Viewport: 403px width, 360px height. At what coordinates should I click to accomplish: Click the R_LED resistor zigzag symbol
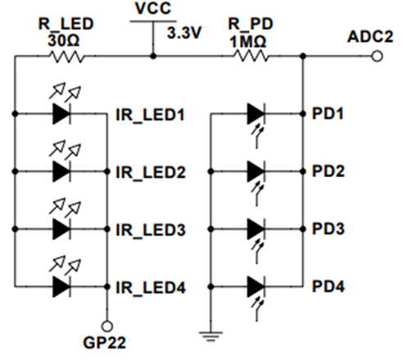pos(66,57)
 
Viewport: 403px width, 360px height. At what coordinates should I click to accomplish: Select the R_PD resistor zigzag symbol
pos(251,57)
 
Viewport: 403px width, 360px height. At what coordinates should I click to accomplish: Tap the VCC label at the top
pos(153,8)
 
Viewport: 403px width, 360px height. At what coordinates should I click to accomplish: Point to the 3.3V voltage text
pos(184,33)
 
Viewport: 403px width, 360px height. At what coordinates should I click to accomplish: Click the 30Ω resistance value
pos(63,41)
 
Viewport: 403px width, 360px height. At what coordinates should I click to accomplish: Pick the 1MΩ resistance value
pos(247,42)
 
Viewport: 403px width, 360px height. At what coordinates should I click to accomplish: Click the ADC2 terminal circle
pos(377,57)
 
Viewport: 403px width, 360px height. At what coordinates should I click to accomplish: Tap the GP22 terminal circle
pos(106,326)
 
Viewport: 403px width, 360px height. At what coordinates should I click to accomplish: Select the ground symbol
pos(211,336)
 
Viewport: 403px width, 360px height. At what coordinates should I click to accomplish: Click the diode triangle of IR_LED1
pos(61,114)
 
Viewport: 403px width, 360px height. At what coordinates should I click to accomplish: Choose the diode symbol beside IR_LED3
pos(61,229)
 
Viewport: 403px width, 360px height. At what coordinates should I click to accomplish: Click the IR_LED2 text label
pos(151,172)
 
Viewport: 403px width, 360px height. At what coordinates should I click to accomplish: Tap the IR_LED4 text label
pos(151,288)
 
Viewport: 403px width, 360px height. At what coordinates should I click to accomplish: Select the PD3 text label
pos(328,229)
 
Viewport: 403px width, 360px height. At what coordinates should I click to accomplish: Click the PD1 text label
pos(328,113)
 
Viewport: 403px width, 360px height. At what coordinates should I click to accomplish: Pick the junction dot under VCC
pos(153,57)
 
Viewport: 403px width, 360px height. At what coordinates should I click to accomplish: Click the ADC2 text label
pos(370,36)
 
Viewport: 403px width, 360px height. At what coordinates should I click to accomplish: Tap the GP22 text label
pos(104,343)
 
